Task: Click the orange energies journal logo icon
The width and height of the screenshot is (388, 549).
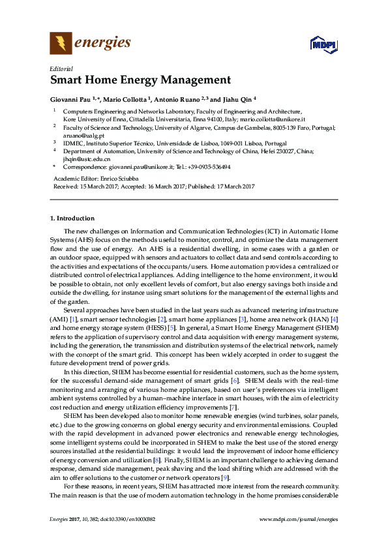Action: [x=61, y=44]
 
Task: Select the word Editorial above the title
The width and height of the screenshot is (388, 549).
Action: [x=61, y=68]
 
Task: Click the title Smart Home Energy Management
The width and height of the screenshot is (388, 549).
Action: [x=140, y=81]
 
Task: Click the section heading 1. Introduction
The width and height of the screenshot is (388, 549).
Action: [x=72, y=218]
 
